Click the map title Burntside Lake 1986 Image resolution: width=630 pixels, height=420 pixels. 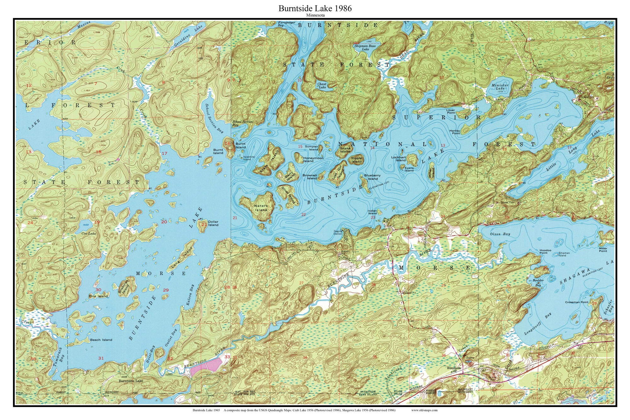coord(315,9)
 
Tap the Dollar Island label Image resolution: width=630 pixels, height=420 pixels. coord(213,223)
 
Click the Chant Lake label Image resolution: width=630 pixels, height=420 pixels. coord(322,86)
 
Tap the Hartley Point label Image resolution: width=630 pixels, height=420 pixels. coord(455,132)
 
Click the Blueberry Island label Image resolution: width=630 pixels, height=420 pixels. coord(372,177)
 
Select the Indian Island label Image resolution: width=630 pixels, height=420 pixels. coord(372,212)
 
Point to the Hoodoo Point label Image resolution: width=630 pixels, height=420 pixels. coord(545,251)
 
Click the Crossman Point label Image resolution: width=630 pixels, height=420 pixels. coord(576,302)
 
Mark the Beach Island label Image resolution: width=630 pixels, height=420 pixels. coord(101,340)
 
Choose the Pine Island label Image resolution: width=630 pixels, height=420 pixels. coord(98,296)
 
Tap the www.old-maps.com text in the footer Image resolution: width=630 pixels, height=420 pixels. coord(424,410)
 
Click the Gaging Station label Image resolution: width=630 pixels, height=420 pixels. coord(338,233)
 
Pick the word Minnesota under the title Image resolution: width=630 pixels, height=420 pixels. coord(315,15)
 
